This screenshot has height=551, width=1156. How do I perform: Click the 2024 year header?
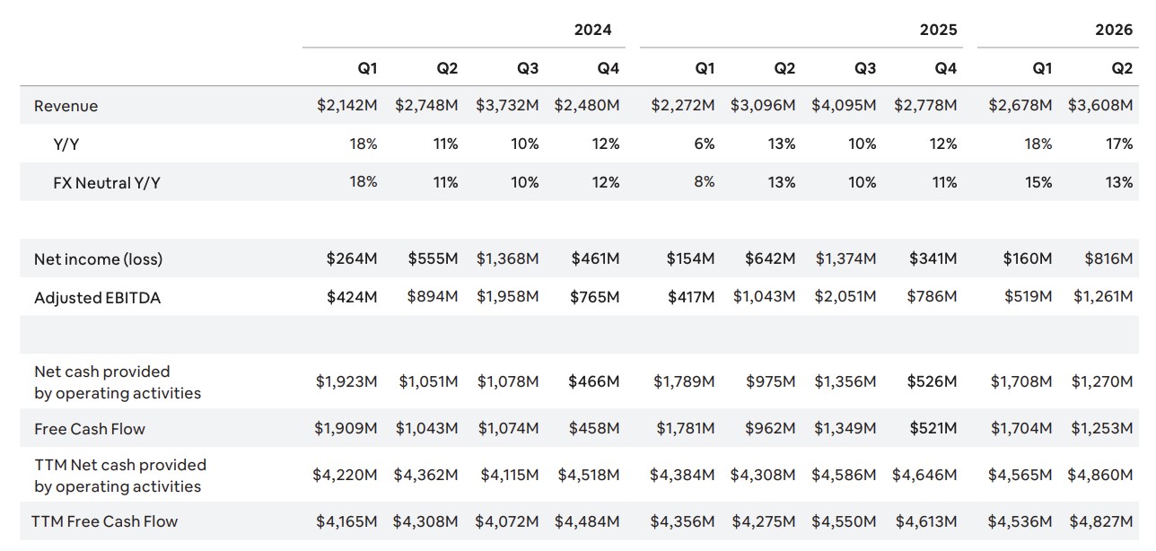coord(592,30)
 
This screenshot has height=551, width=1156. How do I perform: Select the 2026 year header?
coord(1114,30)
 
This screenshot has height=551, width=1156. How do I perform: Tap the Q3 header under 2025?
coord(865,68)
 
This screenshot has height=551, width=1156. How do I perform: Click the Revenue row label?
coord(66,106)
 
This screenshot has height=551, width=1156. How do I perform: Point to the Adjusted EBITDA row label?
coord(97,298)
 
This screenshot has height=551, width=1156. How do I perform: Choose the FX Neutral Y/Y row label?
coord(106,183)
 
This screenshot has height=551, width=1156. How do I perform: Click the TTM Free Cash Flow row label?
coord(105,521)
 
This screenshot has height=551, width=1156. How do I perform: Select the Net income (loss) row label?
coord(98,259)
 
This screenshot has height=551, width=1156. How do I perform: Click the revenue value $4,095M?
coord(844,105)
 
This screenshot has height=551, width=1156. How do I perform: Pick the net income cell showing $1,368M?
coord(507,258)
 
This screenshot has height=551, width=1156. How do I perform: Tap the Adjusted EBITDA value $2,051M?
coord(845,297)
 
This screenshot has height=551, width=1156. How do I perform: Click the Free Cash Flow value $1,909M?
coord(346,428)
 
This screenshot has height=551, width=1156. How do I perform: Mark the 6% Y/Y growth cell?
coord(705,144)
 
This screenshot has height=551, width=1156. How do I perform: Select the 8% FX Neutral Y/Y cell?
coord(705,182)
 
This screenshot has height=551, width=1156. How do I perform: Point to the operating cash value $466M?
coord(593,381)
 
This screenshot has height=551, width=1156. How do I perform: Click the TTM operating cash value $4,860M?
coord(1099,475)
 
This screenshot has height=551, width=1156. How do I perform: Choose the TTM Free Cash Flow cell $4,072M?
coord(507,521)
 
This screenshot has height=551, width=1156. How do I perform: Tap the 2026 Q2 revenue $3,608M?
coord(1100,105)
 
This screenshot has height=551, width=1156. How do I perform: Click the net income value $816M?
coord(1108,258)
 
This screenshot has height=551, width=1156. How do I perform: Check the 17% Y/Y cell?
coord(1119,144)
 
